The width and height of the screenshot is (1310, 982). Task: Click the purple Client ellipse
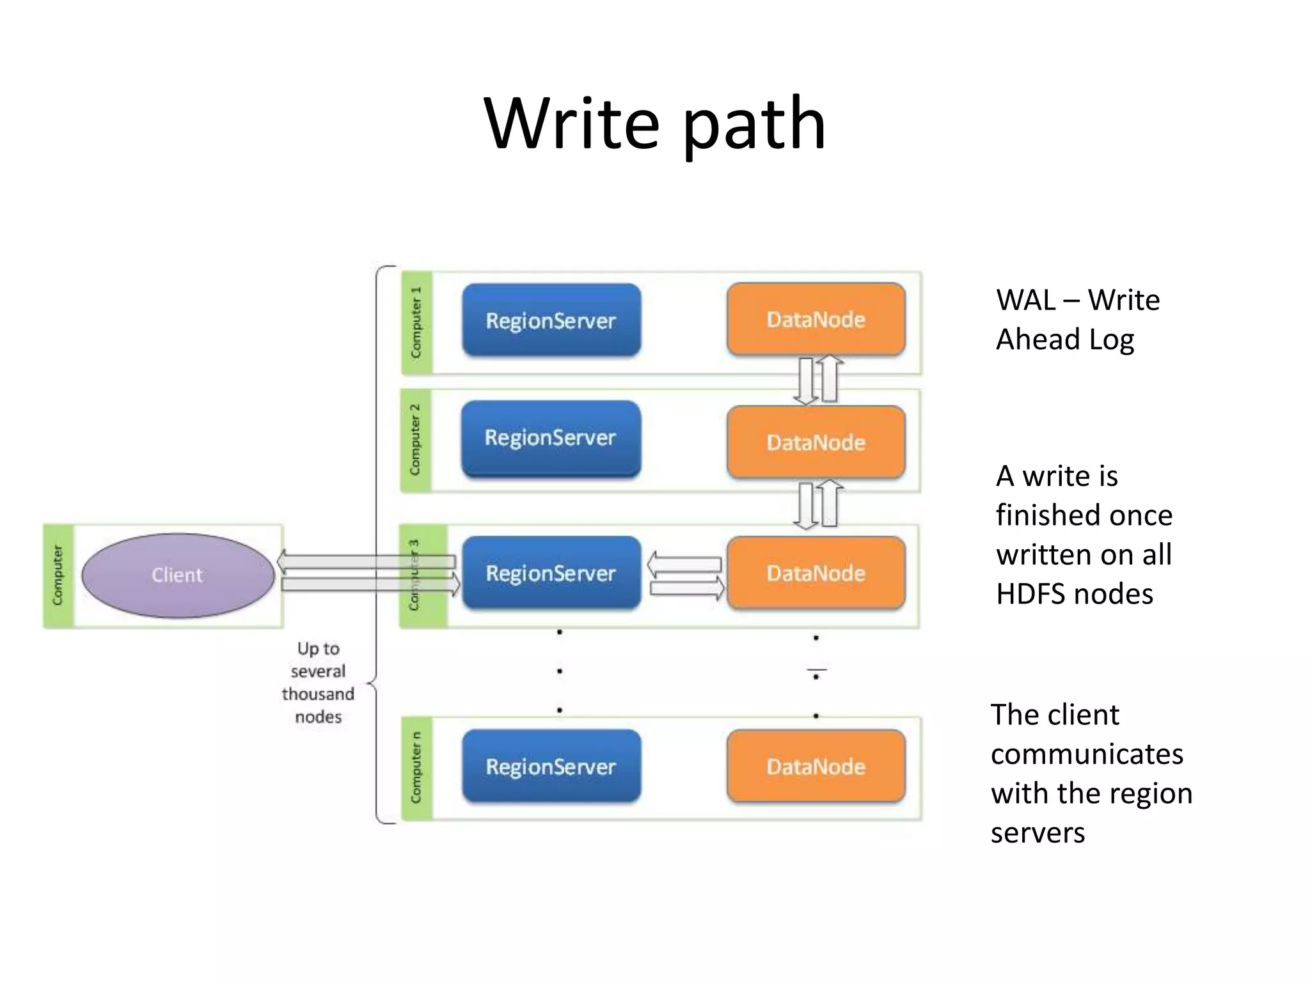178,575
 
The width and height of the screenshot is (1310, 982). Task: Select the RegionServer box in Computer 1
551,320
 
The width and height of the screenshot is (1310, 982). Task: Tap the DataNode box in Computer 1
816,319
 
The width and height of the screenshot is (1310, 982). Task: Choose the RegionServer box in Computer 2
550,439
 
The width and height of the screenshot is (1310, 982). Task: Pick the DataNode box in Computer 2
816,442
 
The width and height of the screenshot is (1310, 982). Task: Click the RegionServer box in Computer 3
551,573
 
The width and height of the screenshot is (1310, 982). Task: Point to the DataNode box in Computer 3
816,573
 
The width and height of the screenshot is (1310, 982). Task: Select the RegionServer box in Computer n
551,766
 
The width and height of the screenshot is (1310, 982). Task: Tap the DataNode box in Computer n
816,766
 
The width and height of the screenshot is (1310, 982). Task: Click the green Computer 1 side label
416,323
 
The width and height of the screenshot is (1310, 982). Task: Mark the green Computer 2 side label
416,440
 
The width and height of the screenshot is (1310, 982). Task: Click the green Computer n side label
416,768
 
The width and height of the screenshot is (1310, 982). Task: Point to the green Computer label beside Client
58,575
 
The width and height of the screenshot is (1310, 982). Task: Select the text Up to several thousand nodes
318,682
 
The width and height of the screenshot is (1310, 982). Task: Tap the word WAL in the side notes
1026,300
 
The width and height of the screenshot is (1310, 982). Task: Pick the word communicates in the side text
1087,754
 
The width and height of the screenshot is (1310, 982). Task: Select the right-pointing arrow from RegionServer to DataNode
687,588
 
